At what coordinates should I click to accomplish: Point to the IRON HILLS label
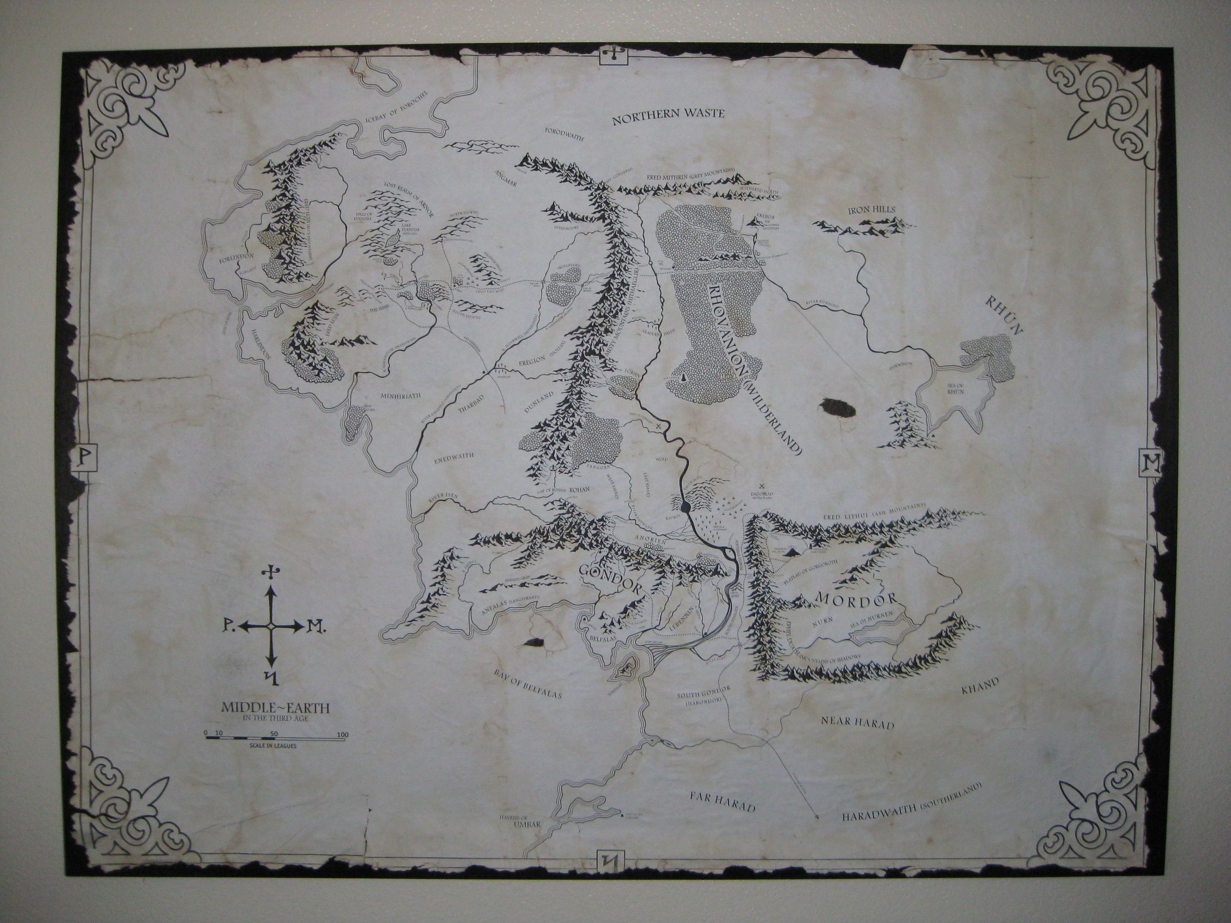click(871, 210)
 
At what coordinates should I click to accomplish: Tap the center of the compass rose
click(271, 627)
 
